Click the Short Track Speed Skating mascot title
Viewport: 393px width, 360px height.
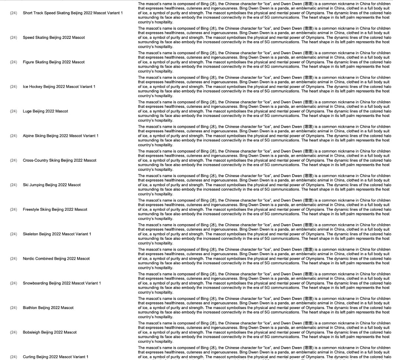click(x=73, y=13)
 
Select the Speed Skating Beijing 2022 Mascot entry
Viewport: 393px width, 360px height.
click(x=54, y=38)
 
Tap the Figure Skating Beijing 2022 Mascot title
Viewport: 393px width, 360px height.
click(x=54, y=62)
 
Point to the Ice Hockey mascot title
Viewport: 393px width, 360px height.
click(x=59, y=87)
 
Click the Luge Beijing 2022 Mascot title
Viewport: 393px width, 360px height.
click(x=45, y=111)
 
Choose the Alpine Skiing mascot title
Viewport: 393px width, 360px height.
click(x=60, y=136)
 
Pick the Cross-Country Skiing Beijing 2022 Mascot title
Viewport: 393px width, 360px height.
click(x=59, y=160)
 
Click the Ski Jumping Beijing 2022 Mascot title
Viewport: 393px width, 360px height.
click(x=52, y=185)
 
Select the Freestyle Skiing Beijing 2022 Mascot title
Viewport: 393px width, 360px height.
click(x=55, y=209)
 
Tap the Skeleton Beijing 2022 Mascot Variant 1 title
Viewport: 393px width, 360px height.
click(x=57, y=234)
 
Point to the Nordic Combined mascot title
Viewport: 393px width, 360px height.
click(x=56, y=258)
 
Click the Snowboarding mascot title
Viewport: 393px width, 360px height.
click(x=62, y=283)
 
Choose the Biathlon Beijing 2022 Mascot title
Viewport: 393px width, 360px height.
click(x=48, y=308)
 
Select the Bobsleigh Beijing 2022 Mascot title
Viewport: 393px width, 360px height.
click(x=50, y=332)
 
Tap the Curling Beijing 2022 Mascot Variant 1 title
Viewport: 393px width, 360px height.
click(x=55, y=357)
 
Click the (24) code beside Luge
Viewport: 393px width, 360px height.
click(x=13, y=111)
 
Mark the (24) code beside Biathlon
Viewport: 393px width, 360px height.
click(x=13, y=308)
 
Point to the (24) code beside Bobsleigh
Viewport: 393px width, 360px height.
click(x=13, y=332)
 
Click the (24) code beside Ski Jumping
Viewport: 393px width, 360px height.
click(x=13, y=185)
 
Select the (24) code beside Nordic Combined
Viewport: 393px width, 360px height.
click(x=13, y=258)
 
